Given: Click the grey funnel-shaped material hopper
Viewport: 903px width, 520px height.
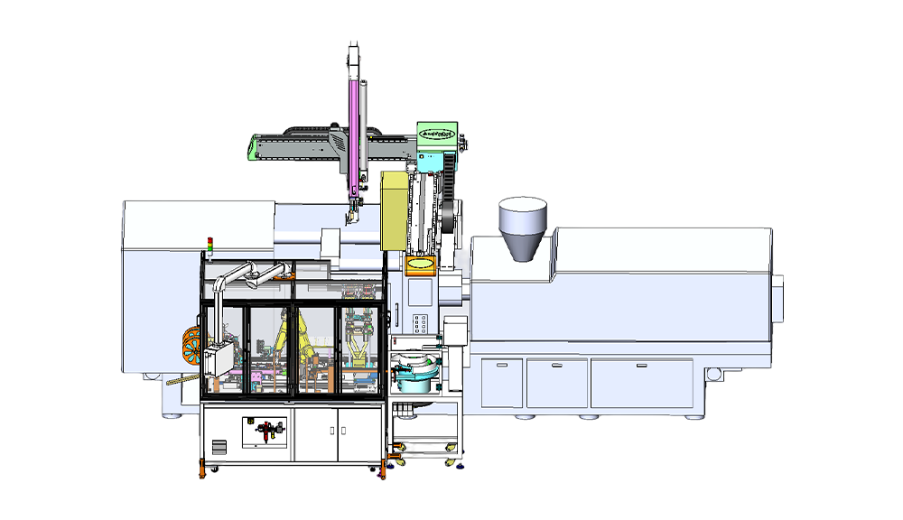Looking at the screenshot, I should (524, 229).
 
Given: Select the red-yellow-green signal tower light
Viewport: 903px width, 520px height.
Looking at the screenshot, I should (210, 245).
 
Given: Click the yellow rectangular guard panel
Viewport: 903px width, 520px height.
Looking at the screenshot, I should (395, 209).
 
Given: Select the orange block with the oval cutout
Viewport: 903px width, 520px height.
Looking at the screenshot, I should (422, 265).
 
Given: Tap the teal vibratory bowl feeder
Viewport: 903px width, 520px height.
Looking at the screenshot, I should (413, 371).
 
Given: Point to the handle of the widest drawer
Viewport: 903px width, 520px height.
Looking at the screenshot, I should (641, 365).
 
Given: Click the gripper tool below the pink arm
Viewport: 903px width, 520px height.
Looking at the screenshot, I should (349, 216).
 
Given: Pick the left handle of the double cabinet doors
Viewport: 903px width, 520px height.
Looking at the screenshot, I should (331, 429).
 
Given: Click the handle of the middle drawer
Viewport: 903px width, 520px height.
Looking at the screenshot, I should (557, 365).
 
